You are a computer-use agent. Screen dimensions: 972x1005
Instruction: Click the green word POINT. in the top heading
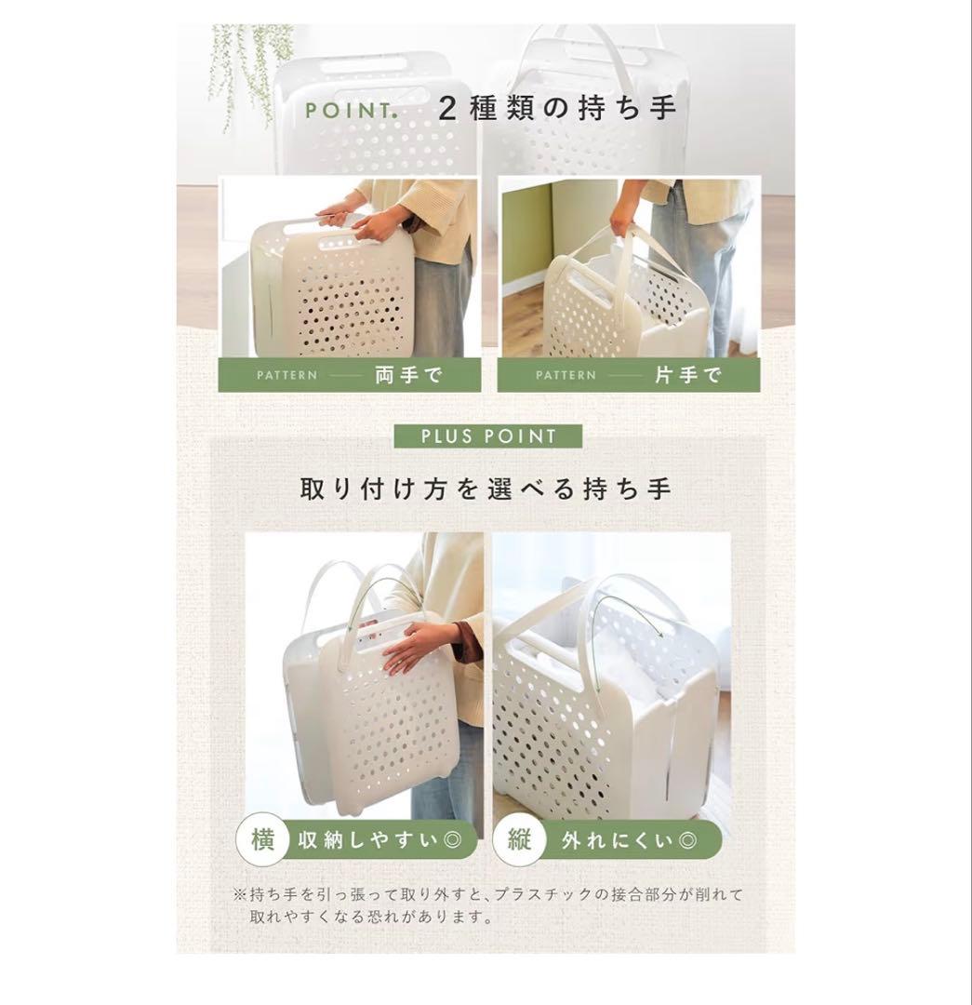[x=351, y=110]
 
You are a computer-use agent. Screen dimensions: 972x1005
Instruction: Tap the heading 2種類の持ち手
[x=557, y=108]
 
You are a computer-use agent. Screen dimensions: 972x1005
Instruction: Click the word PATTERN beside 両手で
[x=287, y=375]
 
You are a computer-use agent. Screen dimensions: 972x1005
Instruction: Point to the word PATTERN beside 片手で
[x=566, y=375]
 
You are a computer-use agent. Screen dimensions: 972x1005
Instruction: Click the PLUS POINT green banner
[x=488, y=436]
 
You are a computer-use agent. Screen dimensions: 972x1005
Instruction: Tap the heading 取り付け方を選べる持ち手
[x=486, y=489]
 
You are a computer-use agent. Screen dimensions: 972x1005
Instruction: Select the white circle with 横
[x=262, y=839]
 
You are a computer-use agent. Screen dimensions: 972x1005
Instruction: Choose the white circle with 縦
[x=520, y=839]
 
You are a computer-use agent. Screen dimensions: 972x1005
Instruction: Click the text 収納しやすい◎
[x=379, y=839]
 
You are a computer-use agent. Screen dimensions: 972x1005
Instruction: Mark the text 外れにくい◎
[x=629, y=839]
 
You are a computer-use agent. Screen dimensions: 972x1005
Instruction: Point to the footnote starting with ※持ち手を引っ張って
[x=487, y=905]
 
